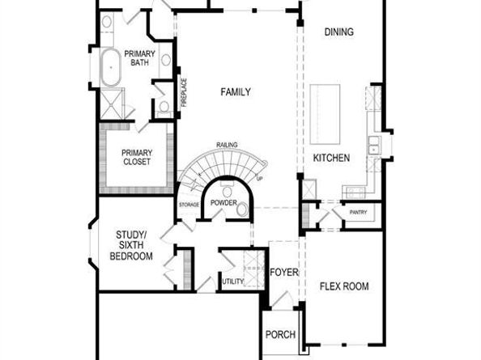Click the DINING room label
coord(338,32)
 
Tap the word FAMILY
coord(236,92)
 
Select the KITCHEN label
coord(331,158)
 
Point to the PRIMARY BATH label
coord(139,60)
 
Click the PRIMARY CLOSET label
coord(137,157)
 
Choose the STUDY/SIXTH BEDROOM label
coord(131,245)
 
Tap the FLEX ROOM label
coord(344,286)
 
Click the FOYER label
coord(284,272)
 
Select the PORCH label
coord(281,334)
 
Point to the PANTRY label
coord(359,213)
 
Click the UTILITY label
coord(233,281)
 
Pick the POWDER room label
coord(225,203)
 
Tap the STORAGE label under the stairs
coord(189,204)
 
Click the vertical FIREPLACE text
coord(184,92)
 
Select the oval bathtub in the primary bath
coord(110,69)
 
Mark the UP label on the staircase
coord(259,178)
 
